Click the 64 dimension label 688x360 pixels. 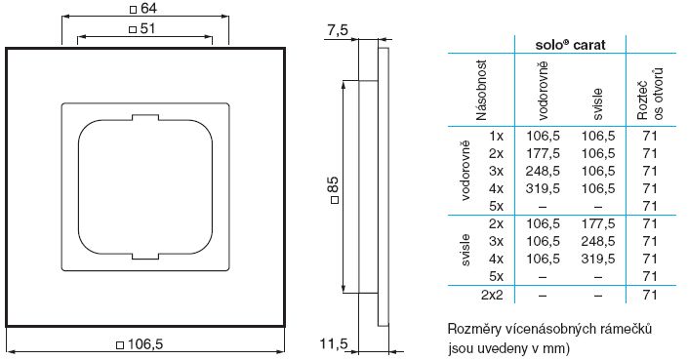click(148, 9)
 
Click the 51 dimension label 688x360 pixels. click(147, 29)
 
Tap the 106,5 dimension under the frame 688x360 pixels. click(144, 344)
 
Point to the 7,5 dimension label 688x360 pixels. click(338, 30)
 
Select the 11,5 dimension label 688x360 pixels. click(334, 343)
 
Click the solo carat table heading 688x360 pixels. click(571, 45)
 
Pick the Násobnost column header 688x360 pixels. click(481, 91)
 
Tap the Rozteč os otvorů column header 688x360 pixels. click(650, 95)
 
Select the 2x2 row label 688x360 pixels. click(492, 295)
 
